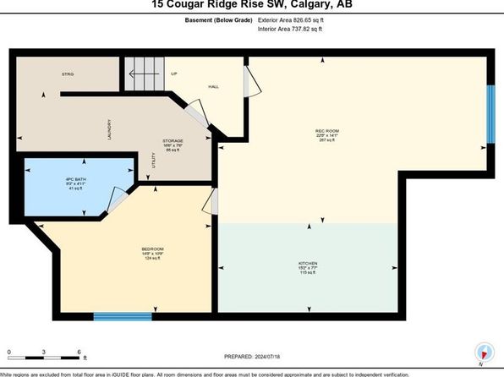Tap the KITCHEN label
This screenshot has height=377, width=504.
(308, 264)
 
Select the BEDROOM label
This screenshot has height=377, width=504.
(153, 248)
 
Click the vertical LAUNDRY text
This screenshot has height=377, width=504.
(109, 129)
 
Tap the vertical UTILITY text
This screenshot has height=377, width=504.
(153, 161)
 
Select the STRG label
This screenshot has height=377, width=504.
(67, 74)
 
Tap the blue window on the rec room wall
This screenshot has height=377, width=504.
(490, 115)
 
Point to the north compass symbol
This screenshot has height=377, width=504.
(483, 354)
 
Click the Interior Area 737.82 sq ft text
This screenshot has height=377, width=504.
(293, 29)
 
